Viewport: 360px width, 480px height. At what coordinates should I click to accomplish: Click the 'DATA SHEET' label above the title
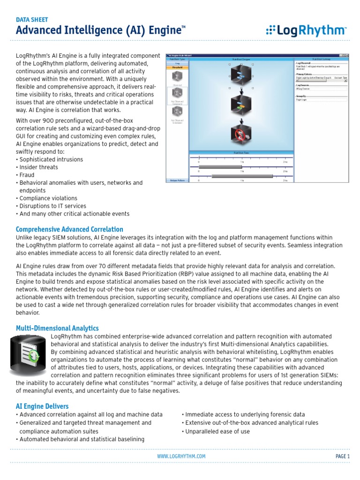(32, 20)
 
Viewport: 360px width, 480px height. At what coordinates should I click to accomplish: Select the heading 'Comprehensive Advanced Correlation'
(69, 229)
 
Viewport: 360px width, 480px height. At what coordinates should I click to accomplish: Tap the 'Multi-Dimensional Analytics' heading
(57, 328)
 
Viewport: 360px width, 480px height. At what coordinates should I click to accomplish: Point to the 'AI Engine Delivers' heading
(42, 406)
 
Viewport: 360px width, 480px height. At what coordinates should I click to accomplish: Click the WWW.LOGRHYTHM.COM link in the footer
(181, 456)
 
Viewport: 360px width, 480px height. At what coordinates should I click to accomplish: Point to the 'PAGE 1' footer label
(342, 456)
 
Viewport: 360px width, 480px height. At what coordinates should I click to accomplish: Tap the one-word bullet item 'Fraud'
(27, 175)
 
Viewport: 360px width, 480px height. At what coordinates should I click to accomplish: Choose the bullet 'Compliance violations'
(46, 198)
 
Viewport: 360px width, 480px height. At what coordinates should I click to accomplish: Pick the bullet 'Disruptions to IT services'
(52, 206)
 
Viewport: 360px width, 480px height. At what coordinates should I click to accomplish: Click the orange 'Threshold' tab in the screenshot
(177, 67)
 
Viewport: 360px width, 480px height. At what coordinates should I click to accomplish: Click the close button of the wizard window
(347, 55)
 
